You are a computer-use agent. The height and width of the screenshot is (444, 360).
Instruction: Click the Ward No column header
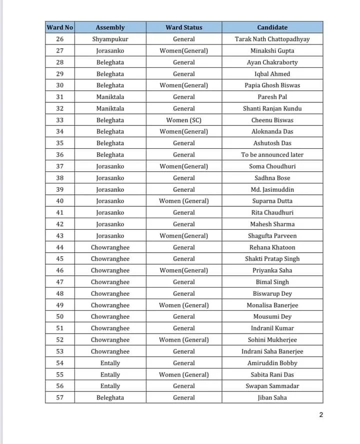59,27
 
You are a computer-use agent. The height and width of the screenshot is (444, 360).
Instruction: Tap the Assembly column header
110,27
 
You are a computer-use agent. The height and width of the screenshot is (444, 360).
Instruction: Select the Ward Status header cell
184,27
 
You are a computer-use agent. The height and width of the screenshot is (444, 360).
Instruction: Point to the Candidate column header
272,27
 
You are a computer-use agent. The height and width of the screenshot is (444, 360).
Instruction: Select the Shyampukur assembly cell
110,39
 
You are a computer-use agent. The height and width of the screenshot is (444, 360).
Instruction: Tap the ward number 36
59,155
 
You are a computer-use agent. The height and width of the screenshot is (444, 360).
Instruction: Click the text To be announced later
272,155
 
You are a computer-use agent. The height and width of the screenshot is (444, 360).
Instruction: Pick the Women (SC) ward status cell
184,120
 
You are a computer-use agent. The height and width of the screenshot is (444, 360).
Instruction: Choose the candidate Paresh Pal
272,97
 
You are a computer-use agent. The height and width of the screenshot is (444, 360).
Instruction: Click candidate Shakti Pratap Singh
272,259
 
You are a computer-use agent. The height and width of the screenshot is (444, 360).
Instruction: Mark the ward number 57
59,398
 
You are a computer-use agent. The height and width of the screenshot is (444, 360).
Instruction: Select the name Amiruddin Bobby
272,363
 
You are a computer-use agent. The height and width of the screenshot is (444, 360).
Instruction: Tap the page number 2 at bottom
321,415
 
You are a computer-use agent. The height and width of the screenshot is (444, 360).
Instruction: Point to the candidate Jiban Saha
272,398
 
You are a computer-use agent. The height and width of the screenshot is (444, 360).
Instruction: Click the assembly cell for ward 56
110,386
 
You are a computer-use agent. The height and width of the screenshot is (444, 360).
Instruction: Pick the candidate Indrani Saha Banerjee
272,351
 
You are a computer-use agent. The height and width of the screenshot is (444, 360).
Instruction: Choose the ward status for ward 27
184,50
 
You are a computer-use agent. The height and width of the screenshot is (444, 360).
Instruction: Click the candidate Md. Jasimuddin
272,189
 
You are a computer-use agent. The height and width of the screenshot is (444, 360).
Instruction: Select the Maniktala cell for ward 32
110,108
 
